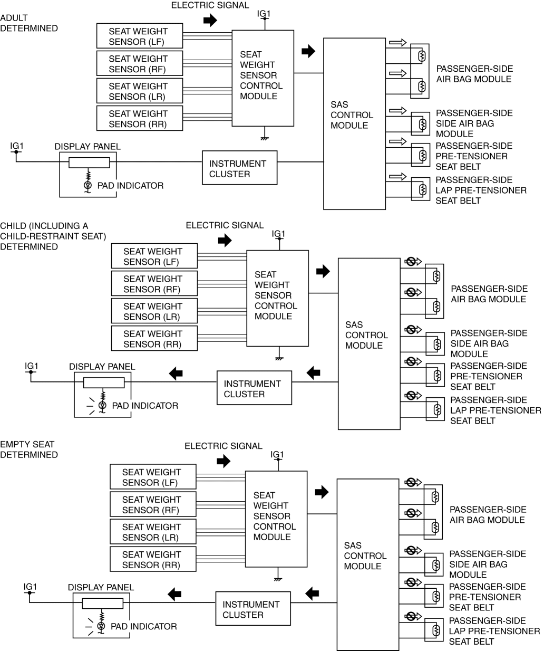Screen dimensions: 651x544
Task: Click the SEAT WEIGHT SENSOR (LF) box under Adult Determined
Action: pos(140,36)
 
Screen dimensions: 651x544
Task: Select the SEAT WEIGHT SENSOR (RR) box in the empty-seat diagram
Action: pos(152,559)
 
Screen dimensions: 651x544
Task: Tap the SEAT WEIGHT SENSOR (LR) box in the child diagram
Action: pos(154,311)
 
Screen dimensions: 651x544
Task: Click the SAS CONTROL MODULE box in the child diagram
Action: pos(368,343)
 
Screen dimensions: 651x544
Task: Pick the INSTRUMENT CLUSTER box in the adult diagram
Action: pos(239,168)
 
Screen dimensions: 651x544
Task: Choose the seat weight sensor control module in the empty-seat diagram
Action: pos(276,519)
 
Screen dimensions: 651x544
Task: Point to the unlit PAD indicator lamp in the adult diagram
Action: pos(88,185)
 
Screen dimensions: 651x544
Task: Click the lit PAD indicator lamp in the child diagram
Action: pos(103,405)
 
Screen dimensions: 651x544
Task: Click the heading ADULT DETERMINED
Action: pos(29,23)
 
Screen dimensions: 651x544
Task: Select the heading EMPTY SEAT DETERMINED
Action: pos(29,449)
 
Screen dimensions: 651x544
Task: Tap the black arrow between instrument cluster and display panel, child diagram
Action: pos(176,374)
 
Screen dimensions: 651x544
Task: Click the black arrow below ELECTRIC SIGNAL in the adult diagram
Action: pos(210,21)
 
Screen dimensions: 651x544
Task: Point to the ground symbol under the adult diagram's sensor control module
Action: pos(263,138)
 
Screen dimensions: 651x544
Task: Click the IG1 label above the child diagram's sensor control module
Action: pos(278,234)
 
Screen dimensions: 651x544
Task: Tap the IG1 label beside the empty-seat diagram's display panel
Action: pos(31,586)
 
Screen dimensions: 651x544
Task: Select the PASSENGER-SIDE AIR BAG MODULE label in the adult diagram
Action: pos(474,74)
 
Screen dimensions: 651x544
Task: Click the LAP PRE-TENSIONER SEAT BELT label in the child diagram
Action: pos(495,410)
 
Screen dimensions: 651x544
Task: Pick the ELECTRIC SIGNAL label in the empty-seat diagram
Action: pos(224,446)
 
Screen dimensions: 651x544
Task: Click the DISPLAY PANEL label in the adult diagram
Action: pos(88,147)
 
